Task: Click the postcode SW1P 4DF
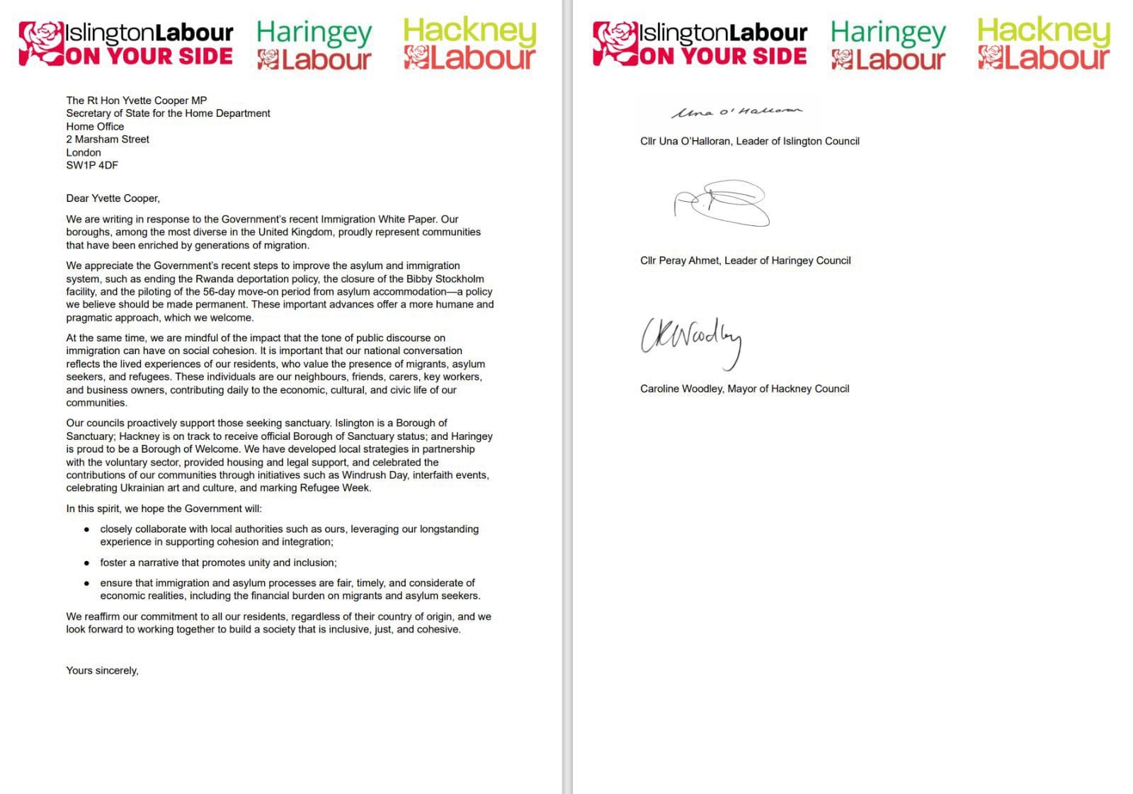[92, 165]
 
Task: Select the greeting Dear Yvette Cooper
[113, 198]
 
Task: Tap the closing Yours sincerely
[102, 670]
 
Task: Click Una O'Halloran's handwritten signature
[736, 112]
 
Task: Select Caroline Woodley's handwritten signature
[691, 341]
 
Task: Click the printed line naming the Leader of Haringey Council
[745, 261]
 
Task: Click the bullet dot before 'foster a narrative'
[86, 563]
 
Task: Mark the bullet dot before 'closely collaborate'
[86, 529]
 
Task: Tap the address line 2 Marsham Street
[108, 140]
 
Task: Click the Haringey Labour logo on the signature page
[887, 45]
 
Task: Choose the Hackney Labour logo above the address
[469, 44]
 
